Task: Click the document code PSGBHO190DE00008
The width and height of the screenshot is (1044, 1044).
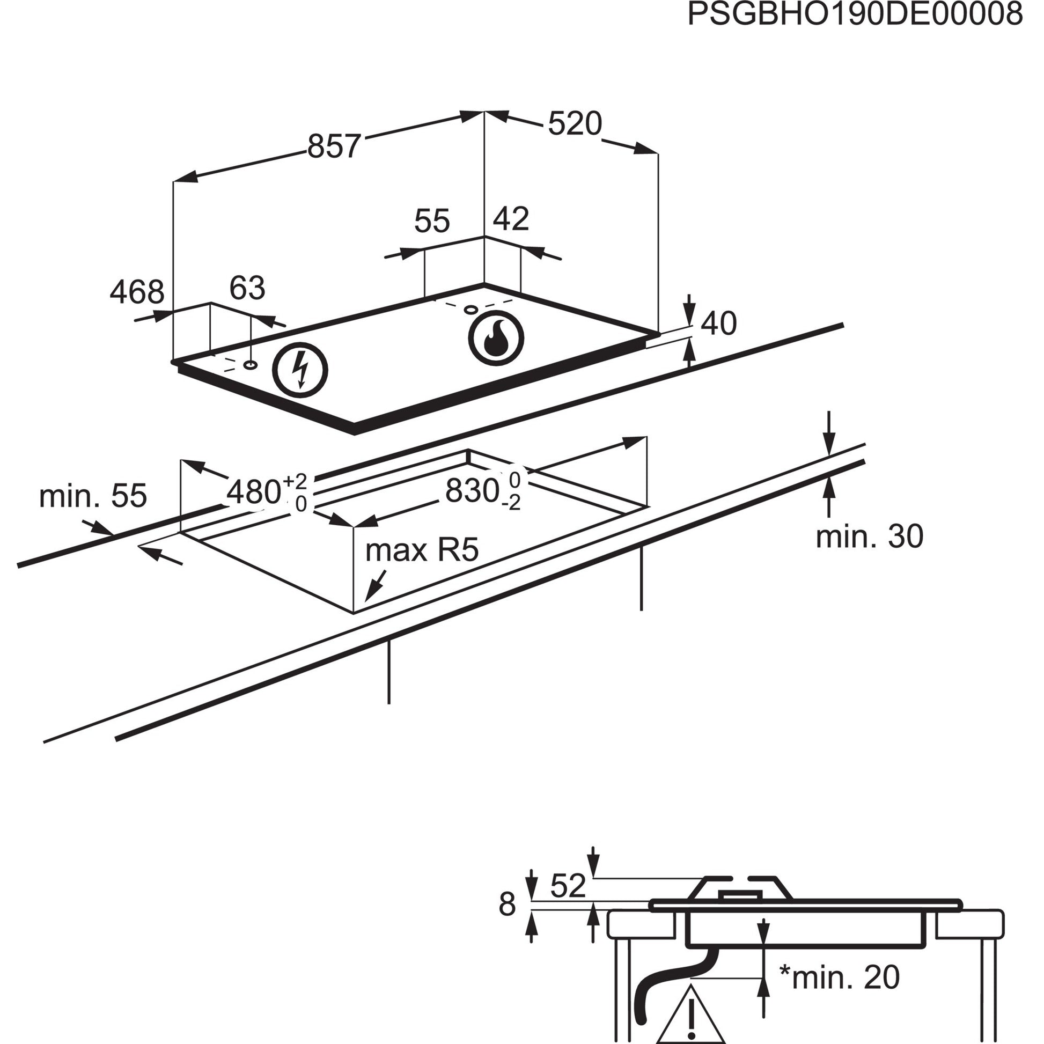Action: point(855,15)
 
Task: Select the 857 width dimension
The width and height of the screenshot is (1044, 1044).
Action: point(333,146)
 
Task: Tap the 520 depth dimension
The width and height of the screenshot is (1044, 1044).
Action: point(575,124)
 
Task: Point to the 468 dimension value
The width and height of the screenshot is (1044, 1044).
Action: point(137,292)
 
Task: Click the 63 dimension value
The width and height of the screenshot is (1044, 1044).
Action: point(247,288)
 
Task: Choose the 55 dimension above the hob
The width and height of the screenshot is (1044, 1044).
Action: point(432,221)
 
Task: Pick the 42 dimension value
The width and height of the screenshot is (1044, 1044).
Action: point(511,219)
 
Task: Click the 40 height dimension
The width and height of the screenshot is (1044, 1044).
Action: point(718,324)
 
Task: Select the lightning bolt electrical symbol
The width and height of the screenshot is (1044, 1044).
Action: point(300,371)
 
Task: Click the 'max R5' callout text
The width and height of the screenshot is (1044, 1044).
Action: point(422,550)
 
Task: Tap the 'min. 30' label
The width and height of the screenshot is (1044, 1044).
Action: point(869,536)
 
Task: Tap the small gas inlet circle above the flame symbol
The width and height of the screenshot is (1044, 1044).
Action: point(470,310)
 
